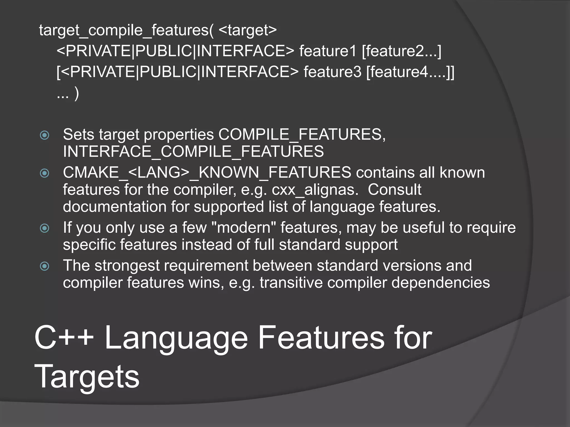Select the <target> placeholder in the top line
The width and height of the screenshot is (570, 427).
click(248, 30)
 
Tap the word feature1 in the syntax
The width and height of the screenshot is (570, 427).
click(328, 51)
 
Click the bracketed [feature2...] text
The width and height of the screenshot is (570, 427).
click(402, 51)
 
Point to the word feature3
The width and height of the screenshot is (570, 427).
click(332, 72)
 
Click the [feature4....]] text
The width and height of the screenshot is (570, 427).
click(410, 72)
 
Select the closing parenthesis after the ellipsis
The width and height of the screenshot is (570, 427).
click(77, 93)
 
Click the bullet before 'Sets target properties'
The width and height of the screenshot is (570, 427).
click(45, 135)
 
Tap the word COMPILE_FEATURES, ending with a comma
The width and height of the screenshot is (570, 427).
click(302, 135)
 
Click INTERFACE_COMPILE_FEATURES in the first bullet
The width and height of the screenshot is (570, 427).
click(193, 152)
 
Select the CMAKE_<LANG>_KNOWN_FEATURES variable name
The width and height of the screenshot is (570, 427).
click(207, 172)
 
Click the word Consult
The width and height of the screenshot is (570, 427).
click(394, 190)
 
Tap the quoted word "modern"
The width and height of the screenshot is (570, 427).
click(244, 227)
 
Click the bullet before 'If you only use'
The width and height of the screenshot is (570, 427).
click(45, 228)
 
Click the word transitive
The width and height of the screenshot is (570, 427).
click(291, 283)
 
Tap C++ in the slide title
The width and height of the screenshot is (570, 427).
click(64, 337)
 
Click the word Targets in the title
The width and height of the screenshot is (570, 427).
click(87, 376)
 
